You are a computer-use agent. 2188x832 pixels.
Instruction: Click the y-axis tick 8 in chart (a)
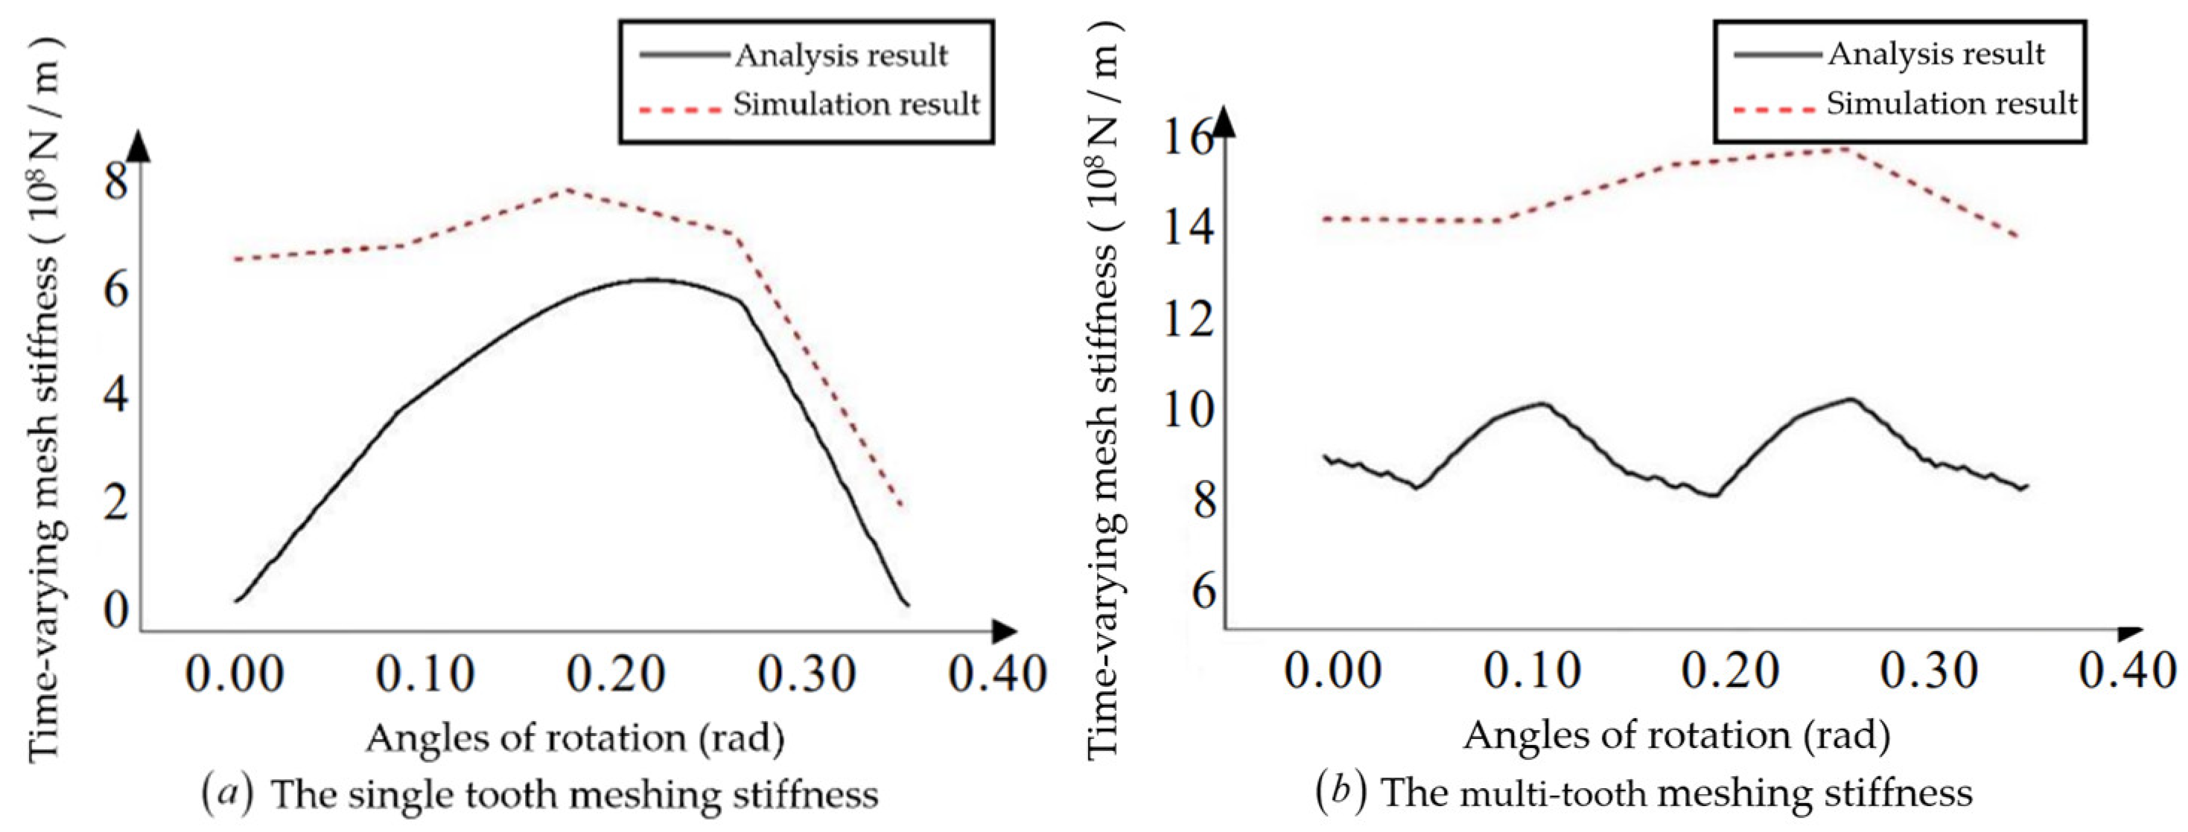click(x=116, y=182)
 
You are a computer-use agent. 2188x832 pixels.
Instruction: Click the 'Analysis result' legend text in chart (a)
click(x=841, y=56)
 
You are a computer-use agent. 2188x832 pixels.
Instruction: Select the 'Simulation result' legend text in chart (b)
click(x=1951, y=104)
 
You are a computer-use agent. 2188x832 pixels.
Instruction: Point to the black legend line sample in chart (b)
click(x=1777, y=55)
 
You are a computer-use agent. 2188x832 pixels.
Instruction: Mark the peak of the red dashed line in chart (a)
click(x=567, y=189)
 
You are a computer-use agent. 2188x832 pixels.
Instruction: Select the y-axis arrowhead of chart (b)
click(x=1224, y=125)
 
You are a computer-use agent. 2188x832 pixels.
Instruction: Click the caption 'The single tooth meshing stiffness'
click(x=574, y=796)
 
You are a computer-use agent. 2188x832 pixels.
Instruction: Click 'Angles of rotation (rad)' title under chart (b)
click(x=1676, y=735)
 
